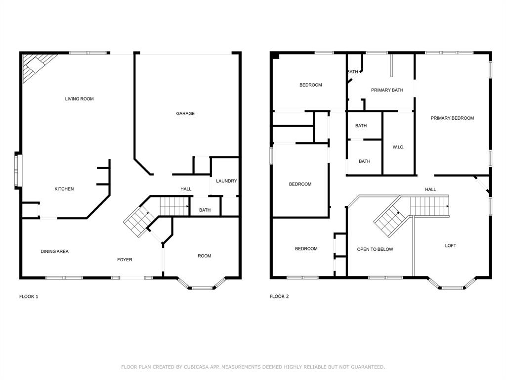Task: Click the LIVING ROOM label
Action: [79, 99]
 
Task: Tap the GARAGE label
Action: [185, 114]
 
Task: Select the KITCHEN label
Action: [64, 189]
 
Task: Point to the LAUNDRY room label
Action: [226, 181]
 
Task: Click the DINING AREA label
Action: [54, 252]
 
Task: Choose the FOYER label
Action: [125, 260]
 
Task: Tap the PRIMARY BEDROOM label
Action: [452, 118]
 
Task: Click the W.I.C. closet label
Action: [398, 147]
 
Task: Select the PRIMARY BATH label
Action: [387, 90]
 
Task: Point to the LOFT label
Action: [451, 246]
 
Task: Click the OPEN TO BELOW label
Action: [375, 249]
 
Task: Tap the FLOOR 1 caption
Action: [29, 297]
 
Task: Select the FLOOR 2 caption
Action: [279, 297]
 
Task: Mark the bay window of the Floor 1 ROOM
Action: [202, 286]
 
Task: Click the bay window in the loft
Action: [452, 286]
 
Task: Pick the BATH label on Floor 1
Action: [205, 210]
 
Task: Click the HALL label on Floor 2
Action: [430, 190]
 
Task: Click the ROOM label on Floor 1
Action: [204, 256]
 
